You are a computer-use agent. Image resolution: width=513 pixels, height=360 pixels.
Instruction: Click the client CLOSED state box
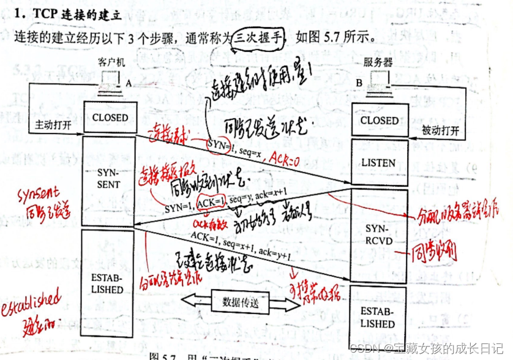(110, 118)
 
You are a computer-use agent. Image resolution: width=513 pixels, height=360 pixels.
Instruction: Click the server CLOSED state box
(378, 121)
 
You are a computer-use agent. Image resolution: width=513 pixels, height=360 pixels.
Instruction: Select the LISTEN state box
(378, 163)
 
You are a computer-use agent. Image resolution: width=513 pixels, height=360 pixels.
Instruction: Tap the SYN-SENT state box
(110, 178)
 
